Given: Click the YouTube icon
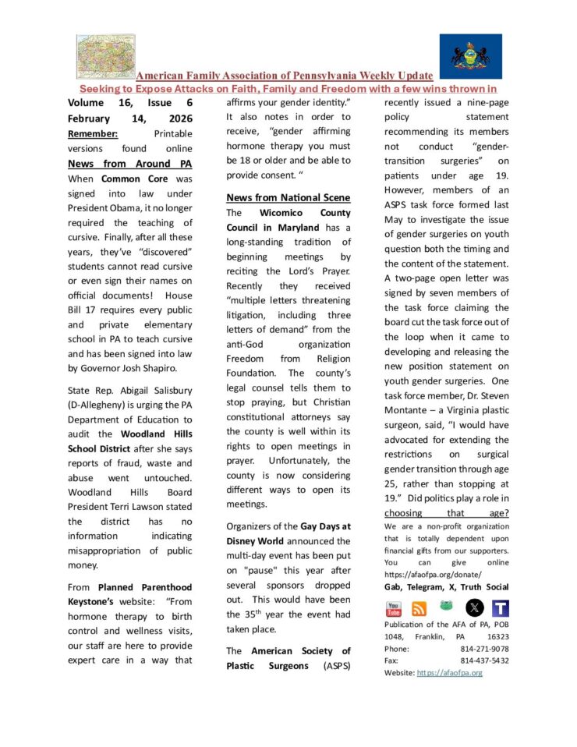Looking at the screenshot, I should click(393, 608).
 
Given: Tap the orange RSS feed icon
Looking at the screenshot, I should click(419, 609).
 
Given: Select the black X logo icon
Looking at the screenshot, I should click(474, 607).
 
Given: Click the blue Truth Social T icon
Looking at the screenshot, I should click(500, 608).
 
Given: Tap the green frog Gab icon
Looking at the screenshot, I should click(447, 607).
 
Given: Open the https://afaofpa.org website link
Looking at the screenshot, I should click(450, 672).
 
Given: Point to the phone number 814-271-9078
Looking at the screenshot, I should click(484, 648).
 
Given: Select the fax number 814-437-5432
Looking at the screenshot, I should click(484, 660).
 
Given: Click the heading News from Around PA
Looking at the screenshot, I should click(129, 164).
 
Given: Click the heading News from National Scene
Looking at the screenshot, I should click(288, 197).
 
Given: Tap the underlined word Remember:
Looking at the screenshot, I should click(93, 133).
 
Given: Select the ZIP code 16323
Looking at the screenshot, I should click(497, 636).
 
